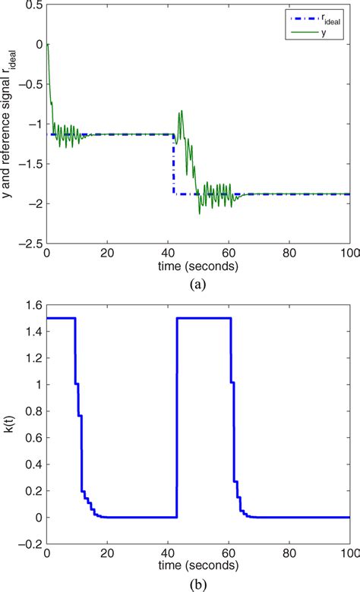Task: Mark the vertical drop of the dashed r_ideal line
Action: pos(173,167)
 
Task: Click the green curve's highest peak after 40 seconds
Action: pos(181,112)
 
